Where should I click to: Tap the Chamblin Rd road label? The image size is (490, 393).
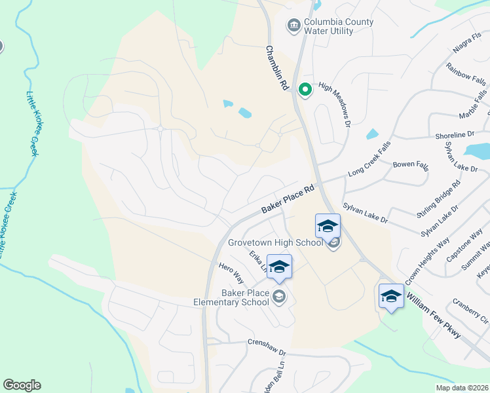click(277, 67)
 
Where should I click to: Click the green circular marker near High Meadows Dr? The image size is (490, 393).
click(305, 90)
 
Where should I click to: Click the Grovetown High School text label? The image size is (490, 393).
click(275, 242)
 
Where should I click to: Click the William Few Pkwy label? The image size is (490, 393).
click(434, 316)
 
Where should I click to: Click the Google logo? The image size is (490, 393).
click(22, 385)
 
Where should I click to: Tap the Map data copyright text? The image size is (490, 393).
click(462, 388)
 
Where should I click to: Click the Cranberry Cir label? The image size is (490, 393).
click(471, 312)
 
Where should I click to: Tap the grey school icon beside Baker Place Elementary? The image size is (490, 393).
click(280, 297)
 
